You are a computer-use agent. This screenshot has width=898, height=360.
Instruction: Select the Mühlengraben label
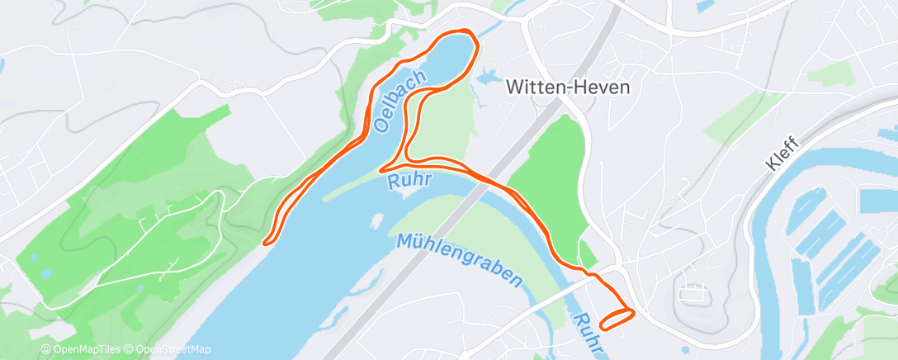(459, 259)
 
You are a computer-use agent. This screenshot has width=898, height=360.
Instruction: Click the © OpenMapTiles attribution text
(83, 350)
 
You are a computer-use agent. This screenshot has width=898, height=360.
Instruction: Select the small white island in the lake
(377, 220)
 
